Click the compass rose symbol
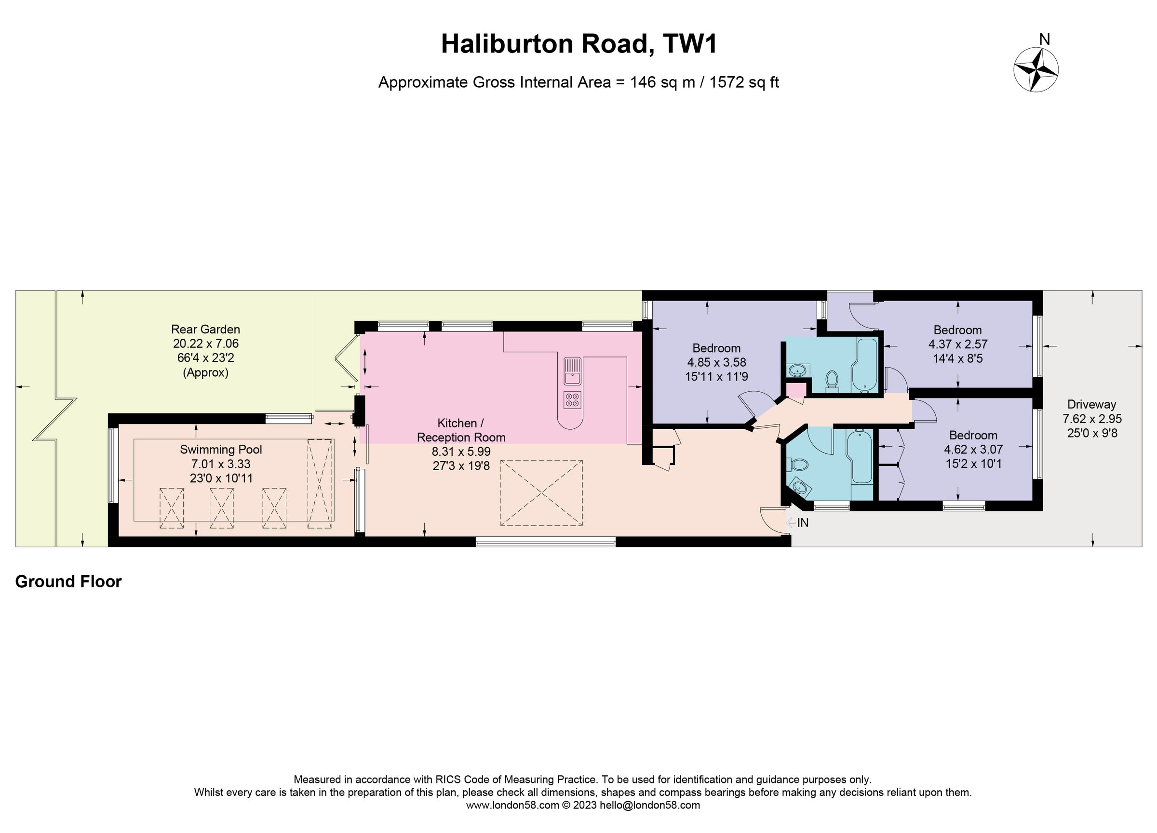(x=1036, y=70)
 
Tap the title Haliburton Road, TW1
(x=579, y=44)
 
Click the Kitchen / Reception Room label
(x=461, y=430)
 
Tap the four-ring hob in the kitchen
(x=572, y=400)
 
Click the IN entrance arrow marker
(x=797, y=523)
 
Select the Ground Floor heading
(x=68, y=582)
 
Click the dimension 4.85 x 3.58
(x=716, y=362)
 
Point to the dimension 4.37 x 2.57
(x=957, y=344)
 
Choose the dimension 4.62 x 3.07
(x=973, y=450)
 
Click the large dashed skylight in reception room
(x=541, y=492)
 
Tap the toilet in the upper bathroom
(x=832, y=380)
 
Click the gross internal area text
(x=578, y=82)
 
